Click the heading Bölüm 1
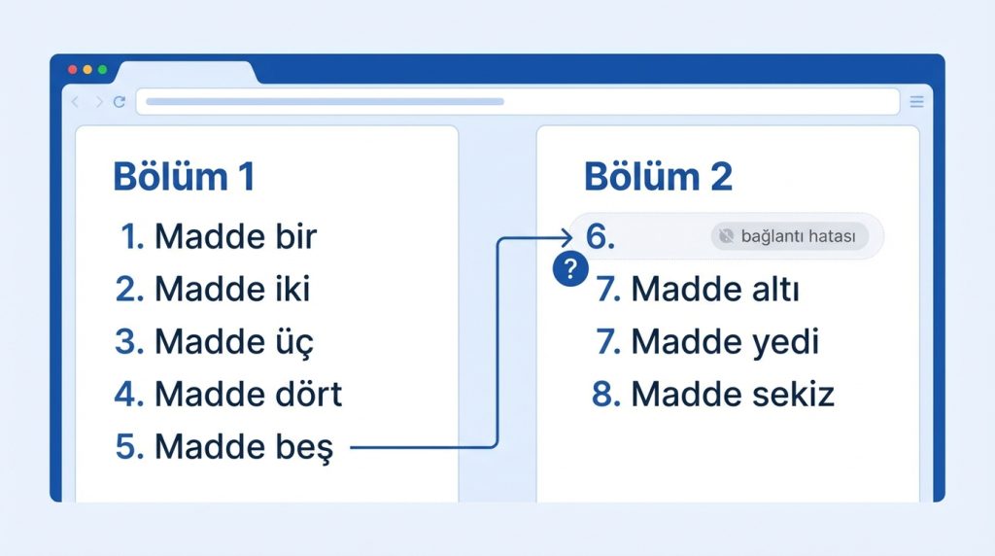pos(184,177)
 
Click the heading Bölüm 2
pos(658,177)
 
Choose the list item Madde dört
pos(228,394)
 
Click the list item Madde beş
pos(223,447)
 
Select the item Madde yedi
pos(707,341)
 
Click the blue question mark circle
pos(570,269)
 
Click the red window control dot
pos(72,70)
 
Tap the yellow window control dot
pos(87,70)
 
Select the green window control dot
pos(103,70)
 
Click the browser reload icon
pos(119,101)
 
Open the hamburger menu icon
pos(916,101)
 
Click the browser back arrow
pos(76,101)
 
